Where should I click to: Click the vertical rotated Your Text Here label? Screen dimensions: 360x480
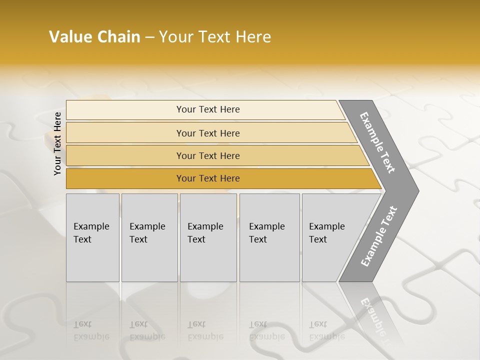[x=57, y=143]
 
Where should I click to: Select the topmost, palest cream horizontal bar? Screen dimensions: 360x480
[x=208, y=109]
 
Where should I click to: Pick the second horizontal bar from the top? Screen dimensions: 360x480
[x=208, y=133]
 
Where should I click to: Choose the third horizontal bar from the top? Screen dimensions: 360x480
[x=208, y=155]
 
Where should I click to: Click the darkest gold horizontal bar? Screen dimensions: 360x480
[x=208, y=178]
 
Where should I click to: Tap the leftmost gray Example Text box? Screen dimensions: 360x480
[x=92, y=237]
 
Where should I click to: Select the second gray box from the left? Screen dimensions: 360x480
[x=149, y=237]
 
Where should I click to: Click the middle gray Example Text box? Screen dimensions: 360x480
[x=208, y=237]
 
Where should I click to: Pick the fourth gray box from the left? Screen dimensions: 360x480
[x=269, y=237]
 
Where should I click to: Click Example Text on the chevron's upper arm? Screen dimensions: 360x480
[x=377, y=142]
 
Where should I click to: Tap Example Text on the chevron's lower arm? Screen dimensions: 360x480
[x=378, y=236]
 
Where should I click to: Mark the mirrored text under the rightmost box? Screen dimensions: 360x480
[x=326, y=330]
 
